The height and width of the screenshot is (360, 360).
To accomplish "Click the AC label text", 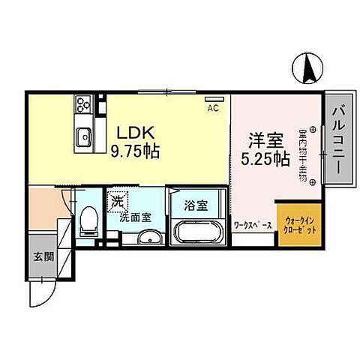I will coord(212,108).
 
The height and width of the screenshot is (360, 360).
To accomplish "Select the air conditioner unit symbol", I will coord(214,98).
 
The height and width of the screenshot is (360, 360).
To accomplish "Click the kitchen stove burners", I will coord(82,105).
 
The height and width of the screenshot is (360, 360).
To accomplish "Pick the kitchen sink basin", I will coord(82,136).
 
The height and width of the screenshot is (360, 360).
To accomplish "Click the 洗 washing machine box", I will coord(115,200).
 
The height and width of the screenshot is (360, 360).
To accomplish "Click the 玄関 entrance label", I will coord(39,256).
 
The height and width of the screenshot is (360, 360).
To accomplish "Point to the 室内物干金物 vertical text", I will coord(302,157).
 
